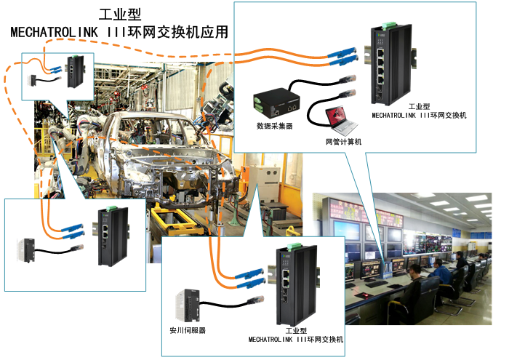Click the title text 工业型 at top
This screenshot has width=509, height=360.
[x=119, y=14]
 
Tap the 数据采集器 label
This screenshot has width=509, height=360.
[x=274, y=125]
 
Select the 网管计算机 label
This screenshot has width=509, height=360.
[x=344, y=141]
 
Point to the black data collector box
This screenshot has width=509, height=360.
[x=276, y=101]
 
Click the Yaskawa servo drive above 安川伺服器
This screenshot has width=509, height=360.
[x=189, y=304]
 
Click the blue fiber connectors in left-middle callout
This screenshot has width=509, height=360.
[x=71, y=230]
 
